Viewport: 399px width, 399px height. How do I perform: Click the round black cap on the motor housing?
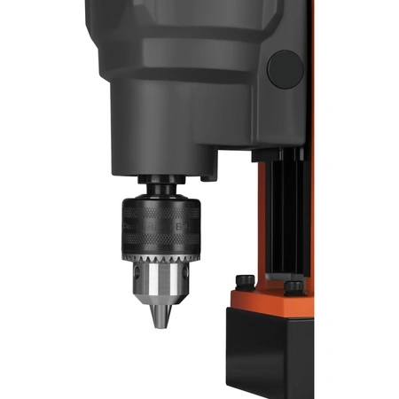286,68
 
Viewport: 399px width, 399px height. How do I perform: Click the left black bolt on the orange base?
244,282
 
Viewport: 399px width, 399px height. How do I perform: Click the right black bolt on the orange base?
293,286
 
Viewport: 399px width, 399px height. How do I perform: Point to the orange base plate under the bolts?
266,300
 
